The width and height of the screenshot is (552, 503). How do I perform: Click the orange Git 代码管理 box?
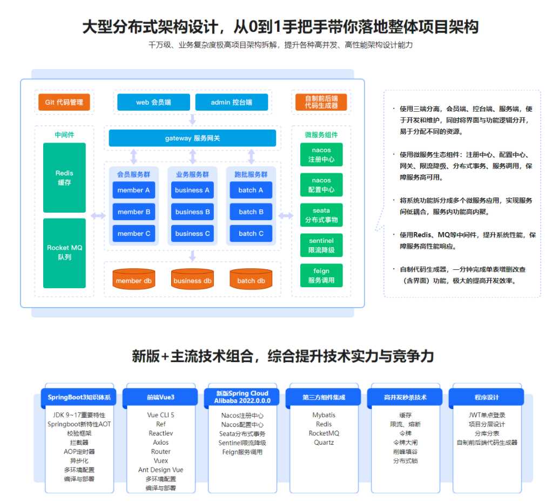click(64, 102)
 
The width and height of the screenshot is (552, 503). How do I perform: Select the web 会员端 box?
click(153, 102)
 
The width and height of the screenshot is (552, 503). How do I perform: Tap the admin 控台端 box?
click(232, 102)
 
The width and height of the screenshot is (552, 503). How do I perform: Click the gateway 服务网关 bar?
click(192, 138)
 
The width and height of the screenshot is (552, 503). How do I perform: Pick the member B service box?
click(134, 212)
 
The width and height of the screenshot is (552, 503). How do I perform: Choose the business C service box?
click(192, 234)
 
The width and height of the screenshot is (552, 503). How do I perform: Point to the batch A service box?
click(251, 190)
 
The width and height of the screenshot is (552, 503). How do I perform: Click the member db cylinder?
click(134, 279)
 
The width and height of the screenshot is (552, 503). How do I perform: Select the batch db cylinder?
click(251, 279)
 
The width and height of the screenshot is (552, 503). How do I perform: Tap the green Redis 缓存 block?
click(64, 178)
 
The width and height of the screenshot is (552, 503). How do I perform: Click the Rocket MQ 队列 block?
click(64, 253)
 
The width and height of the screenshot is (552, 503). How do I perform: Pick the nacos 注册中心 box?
click(321, 154)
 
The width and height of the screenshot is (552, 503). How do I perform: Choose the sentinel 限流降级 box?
click(321, 245)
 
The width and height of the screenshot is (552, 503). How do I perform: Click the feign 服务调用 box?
click(321, 275)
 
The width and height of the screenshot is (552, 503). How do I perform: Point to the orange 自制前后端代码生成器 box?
click(321, 102)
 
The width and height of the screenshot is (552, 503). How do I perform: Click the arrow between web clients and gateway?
click(192, 120)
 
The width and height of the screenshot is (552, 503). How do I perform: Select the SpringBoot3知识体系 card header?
click(79, 397)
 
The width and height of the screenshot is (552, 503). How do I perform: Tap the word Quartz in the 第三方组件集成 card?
click(324, 443)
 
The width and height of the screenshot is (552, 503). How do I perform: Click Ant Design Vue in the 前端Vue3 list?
click(161, 470)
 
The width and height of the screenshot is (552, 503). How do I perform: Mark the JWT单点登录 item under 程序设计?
click(487, 415)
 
